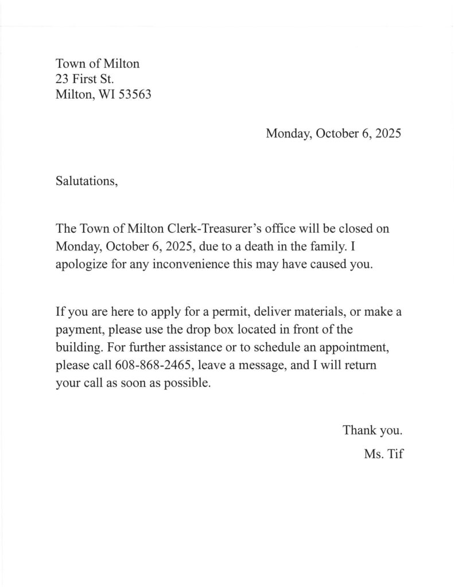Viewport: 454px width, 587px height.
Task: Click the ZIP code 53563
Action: [134, 95]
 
